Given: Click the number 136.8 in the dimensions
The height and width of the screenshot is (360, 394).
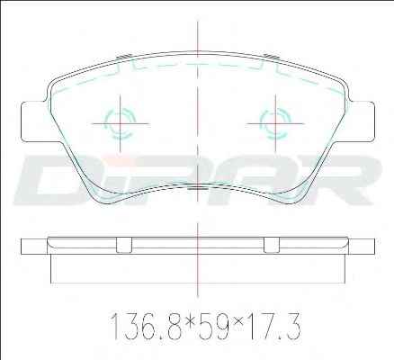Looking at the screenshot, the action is (x=147, y=327).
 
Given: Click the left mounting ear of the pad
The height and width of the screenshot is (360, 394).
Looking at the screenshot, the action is (x=33, y=121).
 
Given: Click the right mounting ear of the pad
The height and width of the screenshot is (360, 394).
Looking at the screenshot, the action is (x=361, y=121).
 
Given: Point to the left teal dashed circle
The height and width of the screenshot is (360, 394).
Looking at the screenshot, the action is (x=120, y=123).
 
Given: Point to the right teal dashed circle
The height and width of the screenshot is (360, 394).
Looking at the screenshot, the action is (x=275, y=123).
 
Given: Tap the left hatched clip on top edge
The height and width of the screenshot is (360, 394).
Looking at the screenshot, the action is (x=124, y=57).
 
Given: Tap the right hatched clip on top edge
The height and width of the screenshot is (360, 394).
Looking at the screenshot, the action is (x=272, y=57).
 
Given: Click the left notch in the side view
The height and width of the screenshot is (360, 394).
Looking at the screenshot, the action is (x=124, y=245).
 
